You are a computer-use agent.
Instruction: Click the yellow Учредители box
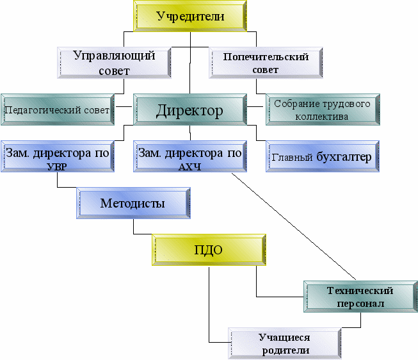[x=190, y=17]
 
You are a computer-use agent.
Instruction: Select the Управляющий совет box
[x=115, y=62]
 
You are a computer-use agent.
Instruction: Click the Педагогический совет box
[x=57, y=110]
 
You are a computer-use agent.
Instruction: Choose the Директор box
[x=189, y=110]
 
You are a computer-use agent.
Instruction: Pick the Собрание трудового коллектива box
[x=321, y=110]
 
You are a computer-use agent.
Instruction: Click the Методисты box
[x=133, y=204]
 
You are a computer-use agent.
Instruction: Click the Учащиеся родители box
[x=284, y=343]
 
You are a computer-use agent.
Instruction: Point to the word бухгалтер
[x=343, y=157]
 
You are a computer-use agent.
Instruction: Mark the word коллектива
[x=321, y=117]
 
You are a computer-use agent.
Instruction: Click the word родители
[x=285, y=350]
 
